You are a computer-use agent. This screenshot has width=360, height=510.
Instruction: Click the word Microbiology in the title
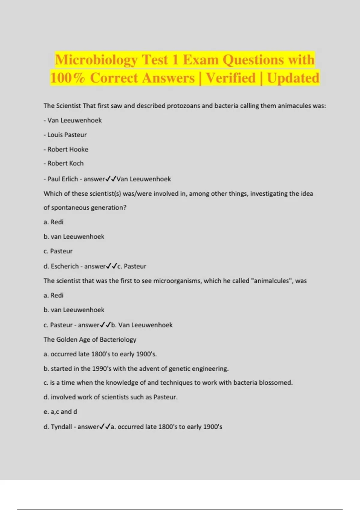(96, 60)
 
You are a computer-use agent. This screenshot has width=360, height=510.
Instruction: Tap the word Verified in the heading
(231, 78)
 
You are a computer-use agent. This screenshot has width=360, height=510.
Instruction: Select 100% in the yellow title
(67, 78)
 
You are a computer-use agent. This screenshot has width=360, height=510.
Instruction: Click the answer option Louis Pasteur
(67, 135)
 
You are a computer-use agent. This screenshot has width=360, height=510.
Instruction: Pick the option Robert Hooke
(68, 149)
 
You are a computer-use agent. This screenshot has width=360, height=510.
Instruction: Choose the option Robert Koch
(65, 163)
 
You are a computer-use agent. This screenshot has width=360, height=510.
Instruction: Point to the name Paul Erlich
(63, 179)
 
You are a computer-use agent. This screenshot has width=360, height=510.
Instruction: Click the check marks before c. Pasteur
(111, 266)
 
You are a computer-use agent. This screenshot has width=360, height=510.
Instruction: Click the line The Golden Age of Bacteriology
(90, 339)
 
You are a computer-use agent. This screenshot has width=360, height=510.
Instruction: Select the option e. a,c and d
(60, 412)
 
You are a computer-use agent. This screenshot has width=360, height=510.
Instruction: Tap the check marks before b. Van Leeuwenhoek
(105, 325)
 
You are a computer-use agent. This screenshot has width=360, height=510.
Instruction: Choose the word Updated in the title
(293, 78)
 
